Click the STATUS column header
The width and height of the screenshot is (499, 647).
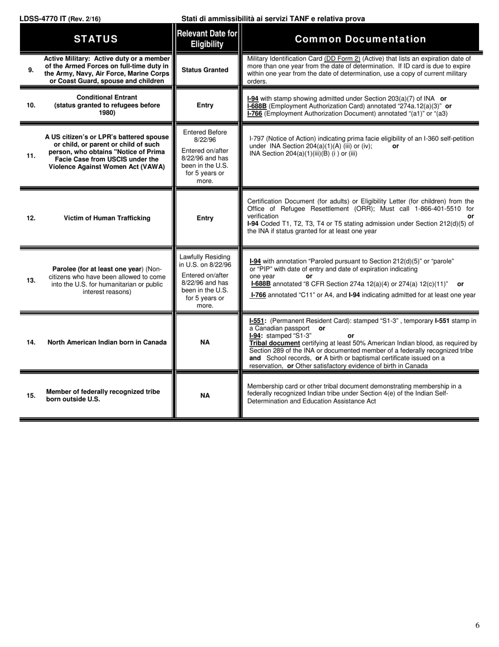(x=96, y=39)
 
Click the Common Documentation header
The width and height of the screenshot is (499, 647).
(x=360, y=39)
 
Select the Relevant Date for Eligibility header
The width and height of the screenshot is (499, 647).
(x=207, y=39)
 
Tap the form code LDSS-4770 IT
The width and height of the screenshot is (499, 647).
(x=43, y=19)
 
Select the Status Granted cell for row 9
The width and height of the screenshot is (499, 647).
(x=205, y=70)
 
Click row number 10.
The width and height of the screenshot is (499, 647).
(x=31, y=105)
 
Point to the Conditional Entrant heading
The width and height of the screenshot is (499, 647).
(x=107, y=97)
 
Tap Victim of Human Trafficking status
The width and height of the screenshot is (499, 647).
(x=107, y=218)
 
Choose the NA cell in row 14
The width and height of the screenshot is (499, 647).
(x=205, y=342)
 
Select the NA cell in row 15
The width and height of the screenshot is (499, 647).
(x=205, y=396)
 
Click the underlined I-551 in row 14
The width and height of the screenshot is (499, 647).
(x=257, y=320)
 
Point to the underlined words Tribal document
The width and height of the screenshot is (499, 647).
(x=274, y=343)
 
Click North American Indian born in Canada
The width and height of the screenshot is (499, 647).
(x=107, y=342)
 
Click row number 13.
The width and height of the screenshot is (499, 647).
(x=31, y=280)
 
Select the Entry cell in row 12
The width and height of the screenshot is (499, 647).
(x=205, y=218)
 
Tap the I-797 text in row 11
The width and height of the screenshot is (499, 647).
(x=257, y=139)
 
